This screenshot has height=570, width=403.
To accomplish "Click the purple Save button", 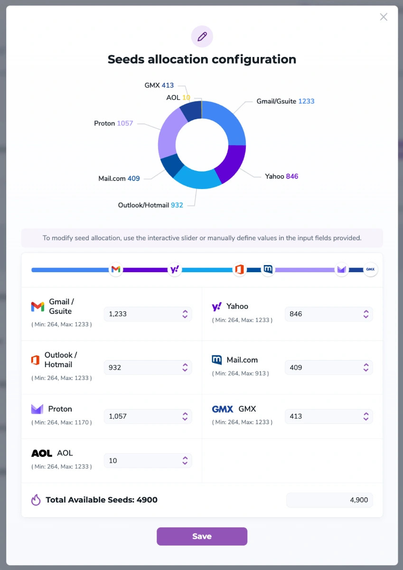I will pyautogui.click(x=202, y=536).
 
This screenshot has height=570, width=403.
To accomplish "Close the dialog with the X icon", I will pyautogui.click(x=384, y=17).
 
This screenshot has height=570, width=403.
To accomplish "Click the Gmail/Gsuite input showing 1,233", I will pyautogui.click(x=142, y=314).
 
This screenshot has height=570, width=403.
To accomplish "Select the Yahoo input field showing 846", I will pyautogui.click(x=323, y=314).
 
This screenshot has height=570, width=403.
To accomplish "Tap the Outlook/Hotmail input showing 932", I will pyautogui.click(x=142, y=368).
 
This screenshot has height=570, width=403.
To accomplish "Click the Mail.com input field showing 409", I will pyautogui.click(x=323, y=368).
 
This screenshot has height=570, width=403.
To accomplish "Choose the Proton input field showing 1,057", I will pyautogui.click(x=142, y=416).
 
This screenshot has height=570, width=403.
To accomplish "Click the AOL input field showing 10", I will pyautogui.click(x=142, y=461).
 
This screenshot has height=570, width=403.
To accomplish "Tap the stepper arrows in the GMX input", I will pyautogui.click(x=366, y=417).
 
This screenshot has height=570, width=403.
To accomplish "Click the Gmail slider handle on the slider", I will pyautogui.click(x=116, y=270).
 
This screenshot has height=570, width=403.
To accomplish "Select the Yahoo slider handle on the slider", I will pyautogui.click(x=175, y=270).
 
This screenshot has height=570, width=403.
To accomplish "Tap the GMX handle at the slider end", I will pyautogui.click(x=370, y=270).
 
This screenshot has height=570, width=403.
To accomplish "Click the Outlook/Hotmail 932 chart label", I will pyautogui.click(x=150, y=205).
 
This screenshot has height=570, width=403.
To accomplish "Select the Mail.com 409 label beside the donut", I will pyautogui.click(x=119, y=179).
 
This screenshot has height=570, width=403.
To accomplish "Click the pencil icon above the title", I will pyautogui.click(x=202, y=37).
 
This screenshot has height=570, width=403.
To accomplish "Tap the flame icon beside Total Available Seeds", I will pyautogui.click(x=36, y=500).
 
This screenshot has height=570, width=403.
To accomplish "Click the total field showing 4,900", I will pyautogui.click(x=329, y=500).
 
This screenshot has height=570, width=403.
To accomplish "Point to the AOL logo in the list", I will pyautogui.click(x=42, y=453).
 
